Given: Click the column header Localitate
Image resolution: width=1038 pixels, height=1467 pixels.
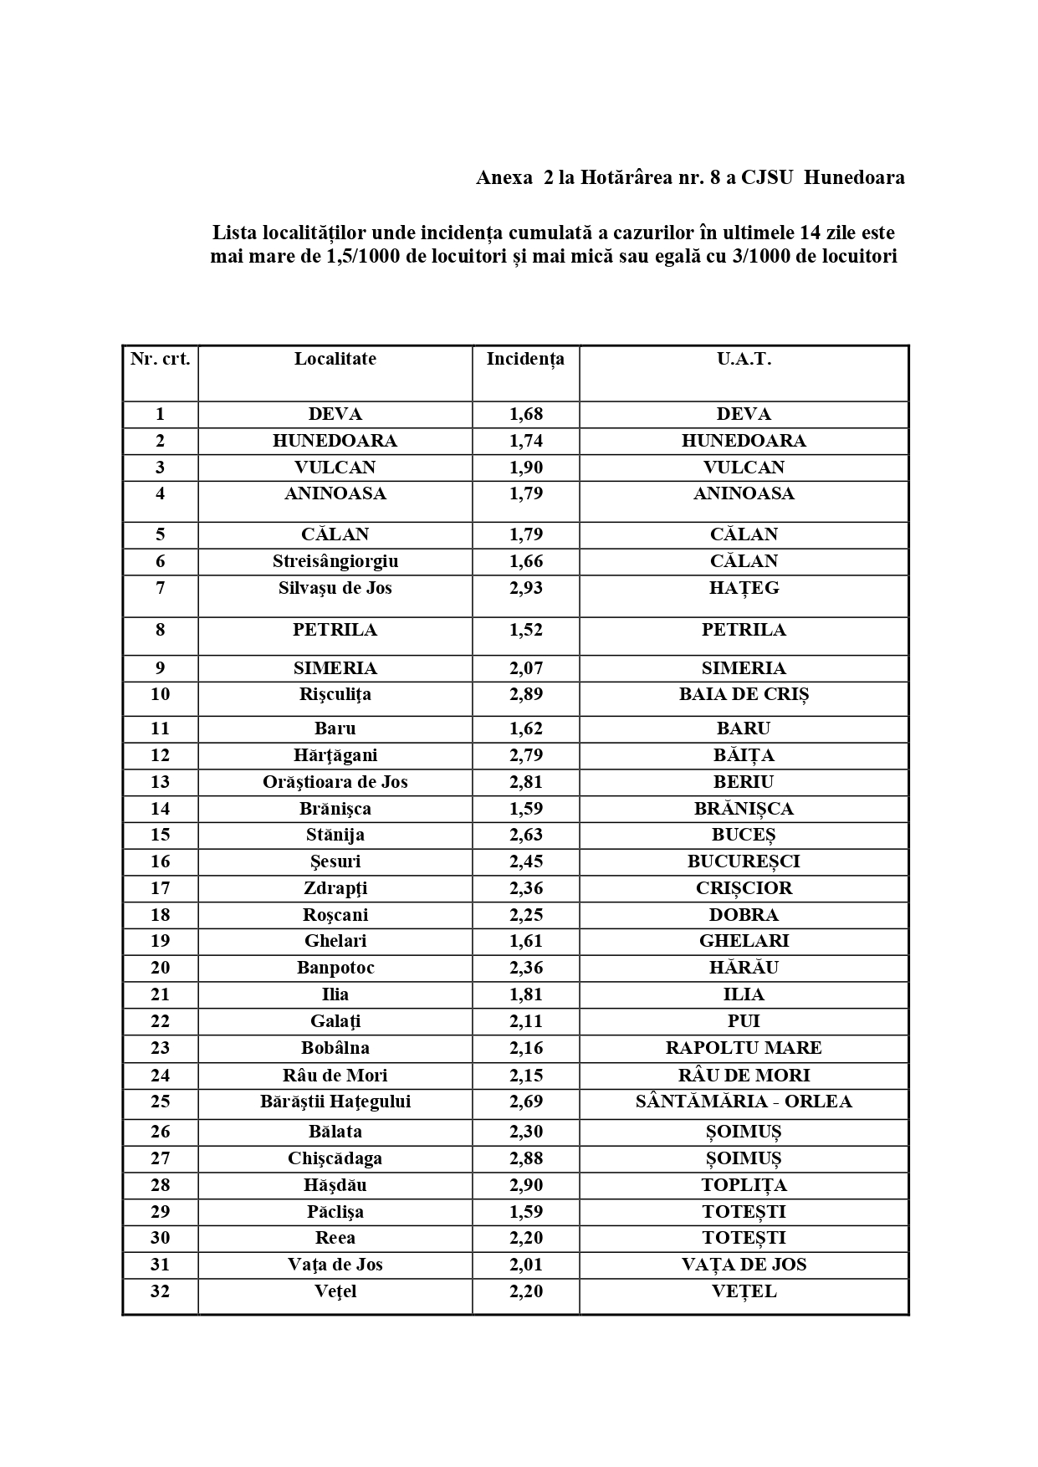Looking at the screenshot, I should (x=335, y=359).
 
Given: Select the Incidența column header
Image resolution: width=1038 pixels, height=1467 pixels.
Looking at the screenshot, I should (x=525, y=359).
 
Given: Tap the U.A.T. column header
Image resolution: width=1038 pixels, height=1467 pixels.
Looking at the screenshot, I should (x=744, y=359).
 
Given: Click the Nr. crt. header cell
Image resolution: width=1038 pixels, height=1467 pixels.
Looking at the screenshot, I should (x=160, y=359).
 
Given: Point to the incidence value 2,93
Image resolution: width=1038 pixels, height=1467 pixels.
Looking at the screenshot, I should (x=525, y=588).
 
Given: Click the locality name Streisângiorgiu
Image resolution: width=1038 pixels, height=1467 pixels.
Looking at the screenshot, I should (x=335, y=561).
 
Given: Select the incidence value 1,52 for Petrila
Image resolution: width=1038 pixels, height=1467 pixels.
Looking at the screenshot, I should (x=525, y=630).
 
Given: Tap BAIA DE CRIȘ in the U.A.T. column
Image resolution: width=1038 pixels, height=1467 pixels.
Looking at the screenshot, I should (x=744, y=694).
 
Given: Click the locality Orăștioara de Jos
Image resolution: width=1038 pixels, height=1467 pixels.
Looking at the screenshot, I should (x=335, y=782).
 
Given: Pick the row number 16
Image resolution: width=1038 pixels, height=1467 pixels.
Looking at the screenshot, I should (x=160, y=861).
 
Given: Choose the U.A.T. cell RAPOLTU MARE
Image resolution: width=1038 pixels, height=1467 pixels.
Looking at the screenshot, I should (x=744, y=1048).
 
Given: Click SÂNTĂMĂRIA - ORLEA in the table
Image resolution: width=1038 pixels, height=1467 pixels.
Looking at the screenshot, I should (x=744, y=1102).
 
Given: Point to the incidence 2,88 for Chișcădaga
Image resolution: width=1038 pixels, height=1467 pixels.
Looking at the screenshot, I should (x=525, y=1158).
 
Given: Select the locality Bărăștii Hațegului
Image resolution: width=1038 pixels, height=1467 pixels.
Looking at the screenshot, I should (x=335, y=1102).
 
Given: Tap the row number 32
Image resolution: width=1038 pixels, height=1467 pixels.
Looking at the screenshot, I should (x=160, y=1291).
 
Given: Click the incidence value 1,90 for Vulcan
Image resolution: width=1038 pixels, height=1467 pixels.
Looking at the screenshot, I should (x=525, y=467).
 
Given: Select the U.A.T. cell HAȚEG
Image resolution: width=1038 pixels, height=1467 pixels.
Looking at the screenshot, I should (x=744, y=588).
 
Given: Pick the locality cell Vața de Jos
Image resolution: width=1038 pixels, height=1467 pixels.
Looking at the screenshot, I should (x=335, y=1265).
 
